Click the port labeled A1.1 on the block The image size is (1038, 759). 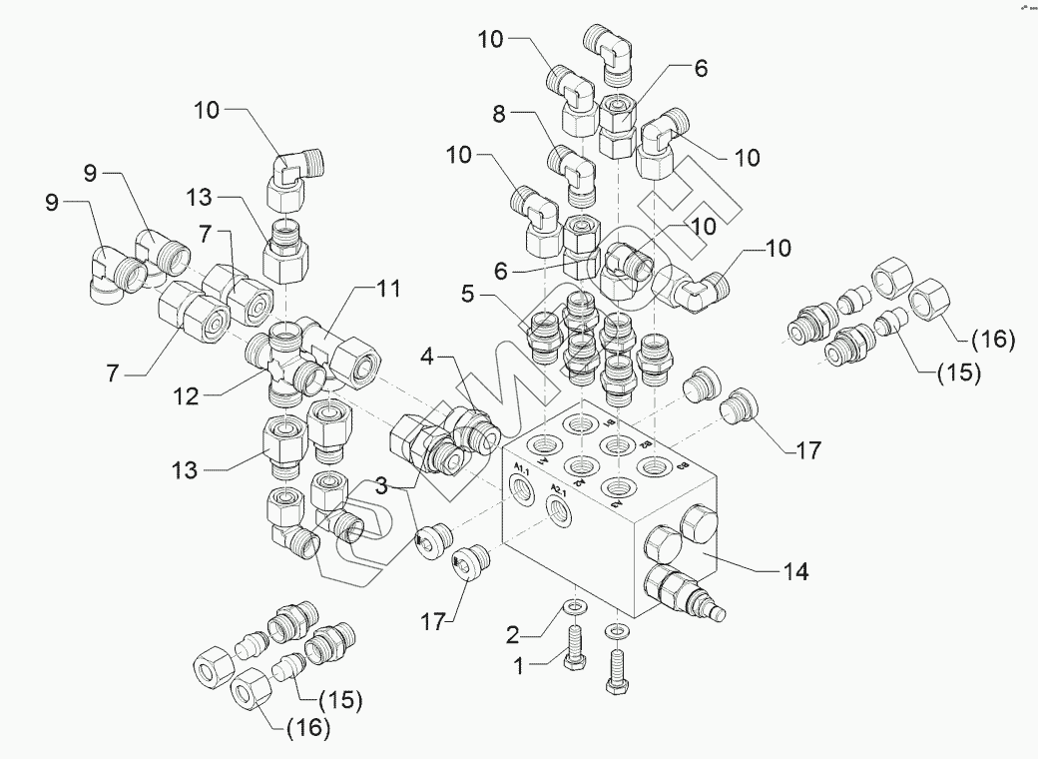pyautogui.click(x=522, y=488)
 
